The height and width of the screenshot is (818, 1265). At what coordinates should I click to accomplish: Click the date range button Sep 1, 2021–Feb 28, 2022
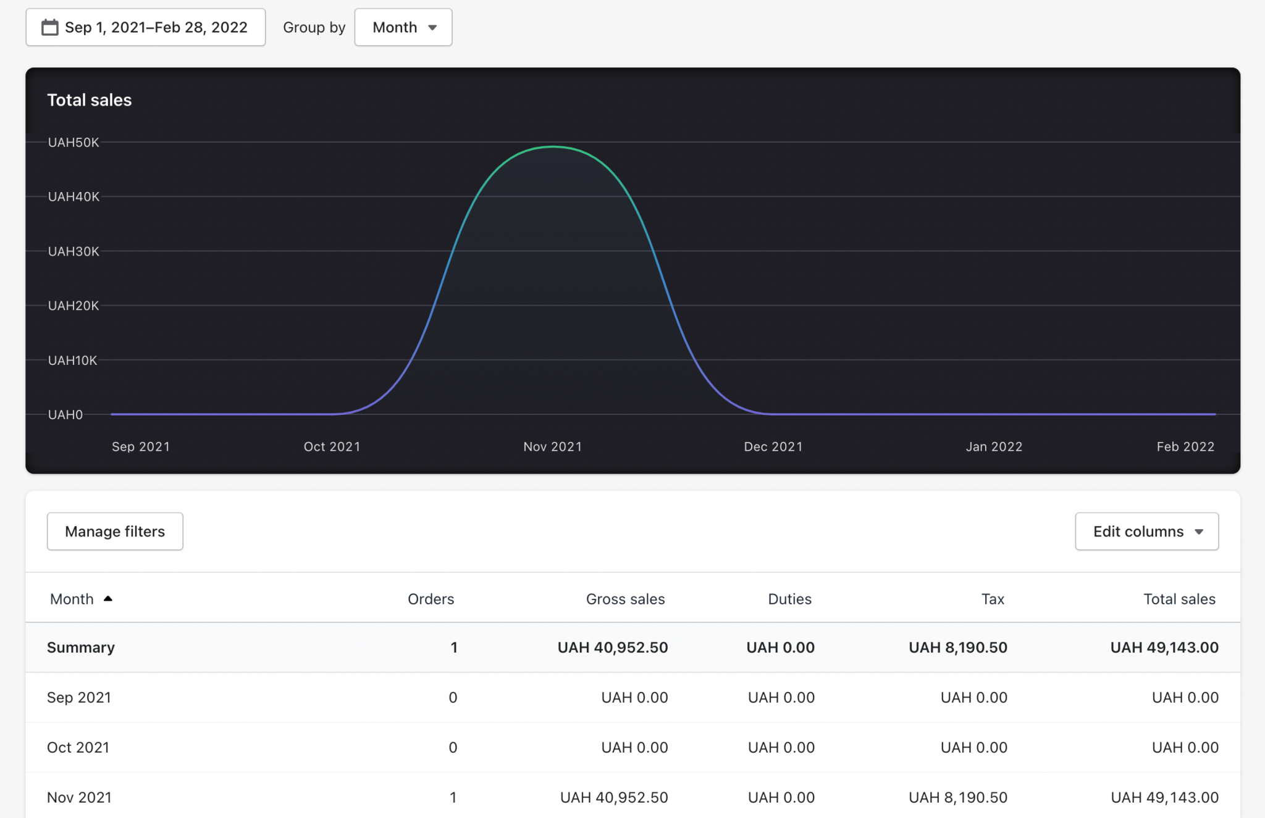pos(146,27)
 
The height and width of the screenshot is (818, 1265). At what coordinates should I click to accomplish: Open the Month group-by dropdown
pos(403,27)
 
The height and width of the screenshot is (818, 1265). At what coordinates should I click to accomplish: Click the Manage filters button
pos(115,532)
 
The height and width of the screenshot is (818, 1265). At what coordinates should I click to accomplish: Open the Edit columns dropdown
pos(1146,532)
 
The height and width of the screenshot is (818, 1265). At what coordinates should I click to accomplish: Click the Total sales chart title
pos(90,100)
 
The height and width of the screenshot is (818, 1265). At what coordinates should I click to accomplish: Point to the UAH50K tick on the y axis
pos(74,143)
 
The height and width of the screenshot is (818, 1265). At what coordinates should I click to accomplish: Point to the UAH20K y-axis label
pos(74,306)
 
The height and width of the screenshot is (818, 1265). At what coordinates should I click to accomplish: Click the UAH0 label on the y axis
pos(65,414)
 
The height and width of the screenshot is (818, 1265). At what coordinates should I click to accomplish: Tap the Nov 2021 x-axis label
pos(552,446)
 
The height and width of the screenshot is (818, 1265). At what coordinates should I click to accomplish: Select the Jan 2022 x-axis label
pos(994,446)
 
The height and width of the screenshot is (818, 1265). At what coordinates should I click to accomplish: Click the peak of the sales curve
pos(553,147)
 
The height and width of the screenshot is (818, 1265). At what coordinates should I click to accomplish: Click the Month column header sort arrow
pos(108,599)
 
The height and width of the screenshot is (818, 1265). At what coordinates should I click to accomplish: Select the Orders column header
pos(431,599)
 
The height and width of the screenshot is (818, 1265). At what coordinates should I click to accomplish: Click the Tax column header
pos(993,599)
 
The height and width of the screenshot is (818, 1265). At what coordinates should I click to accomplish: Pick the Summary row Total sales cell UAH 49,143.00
pos(1164,648)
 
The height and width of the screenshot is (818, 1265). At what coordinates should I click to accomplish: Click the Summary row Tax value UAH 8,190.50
pos(957,648)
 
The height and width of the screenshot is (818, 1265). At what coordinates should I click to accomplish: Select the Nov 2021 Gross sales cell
pos(613,797)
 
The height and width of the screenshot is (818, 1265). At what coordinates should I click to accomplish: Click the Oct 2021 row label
pos(78,747)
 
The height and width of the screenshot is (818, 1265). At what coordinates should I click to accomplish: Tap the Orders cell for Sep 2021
pos(453,698)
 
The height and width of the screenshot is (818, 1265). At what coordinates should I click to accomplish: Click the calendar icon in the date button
pos(50,27)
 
